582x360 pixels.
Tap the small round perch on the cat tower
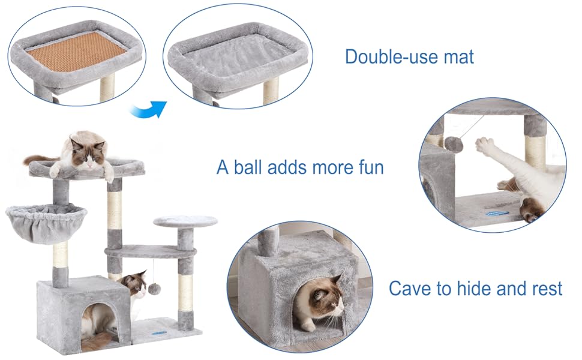[185, 221]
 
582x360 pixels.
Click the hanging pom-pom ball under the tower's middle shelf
[154, 289]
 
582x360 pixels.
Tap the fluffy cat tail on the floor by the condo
[96, 343]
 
